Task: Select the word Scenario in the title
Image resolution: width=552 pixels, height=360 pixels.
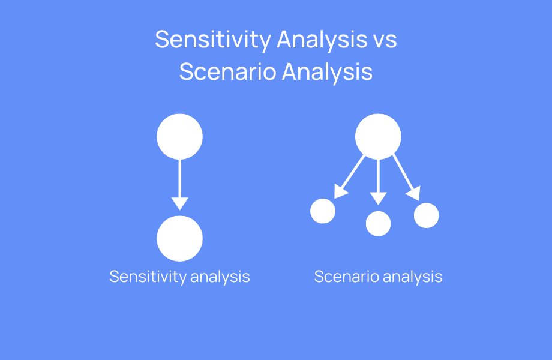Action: [227, 72]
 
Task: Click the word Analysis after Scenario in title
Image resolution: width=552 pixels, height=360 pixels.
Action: [328, 72]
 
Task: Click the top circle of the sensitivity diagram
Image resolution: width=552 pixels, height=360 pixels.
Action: [179, 137]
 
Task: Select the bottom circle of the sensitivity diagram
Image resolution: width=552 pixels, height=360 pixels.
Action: [179, 238]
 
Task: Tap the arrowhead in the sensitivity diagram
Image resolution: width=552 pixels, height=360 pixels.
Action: [179, 203]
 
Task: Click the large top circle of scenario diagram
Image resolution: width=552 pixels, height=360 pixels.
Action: [378, 137]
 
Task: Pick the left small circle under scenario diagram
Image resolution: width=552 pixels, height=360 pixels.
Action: [323, 211]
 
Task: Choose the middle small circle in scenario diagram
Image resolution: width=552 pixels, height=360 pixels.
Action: [378, 223]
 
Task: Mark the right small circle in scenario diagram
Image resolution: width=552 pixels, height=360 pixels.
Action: [427, 215]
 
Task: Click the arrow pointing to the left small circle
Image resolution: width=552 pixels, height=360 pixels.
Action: [351, 177]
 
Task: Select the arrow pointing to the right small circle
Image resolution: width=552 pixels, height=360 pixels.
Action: [405, 177]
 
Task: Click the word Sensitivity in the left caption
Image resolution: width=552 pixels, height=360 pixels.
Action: [148, 277]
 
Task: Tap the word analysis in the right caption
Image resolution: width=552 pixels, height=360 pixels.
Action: [412, 277]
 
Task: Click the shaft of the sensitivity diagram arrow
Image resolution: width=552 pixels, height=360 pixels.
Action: [179, 177]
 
